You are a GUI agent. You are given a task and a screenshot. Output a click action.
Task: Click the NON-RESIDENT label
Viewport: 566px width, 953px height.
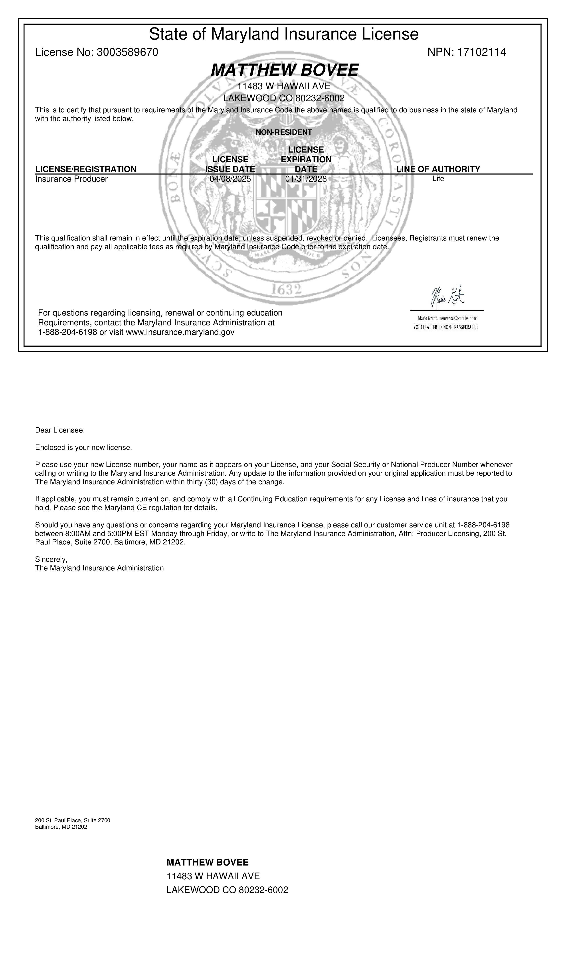(x=283, y=132)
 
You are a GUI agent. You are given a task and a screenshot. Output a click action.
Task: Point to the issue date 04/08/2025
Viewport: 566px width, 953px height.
(x=230, y=179)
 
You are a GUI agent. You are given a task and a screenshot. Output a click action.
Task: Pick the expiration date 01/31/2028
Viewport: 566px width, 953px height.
(x=306, y=179)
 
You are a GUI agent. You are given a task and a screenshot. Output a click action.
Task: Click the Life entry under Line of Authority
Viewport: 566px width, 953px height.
(x=438, y=179)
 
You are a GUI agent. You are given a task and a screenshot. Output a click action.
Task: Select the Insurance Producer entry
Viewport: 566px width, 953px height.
(x=71, y=179)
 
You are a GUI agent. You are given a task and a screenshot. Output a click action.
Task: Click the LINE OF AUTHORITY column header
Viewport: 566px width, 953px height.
(x=438, y=169)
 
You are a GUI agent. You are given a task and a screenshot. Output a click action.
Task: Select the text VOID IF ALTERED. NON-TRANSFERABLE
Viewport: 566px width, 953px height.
(x=445, y=327)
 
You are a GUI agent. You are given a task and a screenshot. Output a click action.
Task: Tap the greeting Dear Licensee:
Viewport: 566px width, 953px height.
(x=60, y=430)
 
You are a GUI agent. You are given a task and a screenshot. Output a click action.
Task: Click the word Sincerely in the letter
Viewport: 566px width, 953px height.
(x=51, y=559)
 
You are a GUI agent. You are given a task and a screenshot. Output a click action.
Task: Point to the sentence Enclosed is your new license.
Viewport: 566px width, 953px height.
(x=83, y=447)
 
